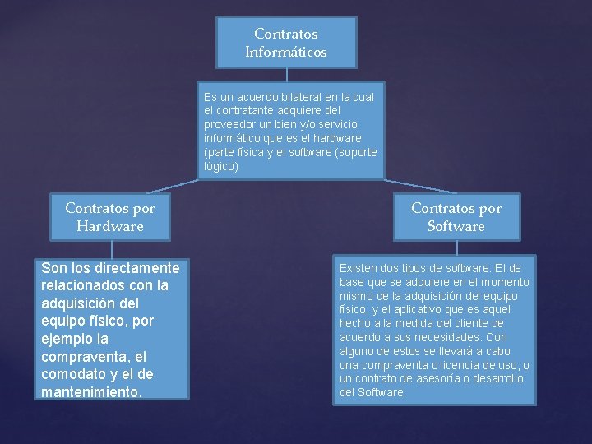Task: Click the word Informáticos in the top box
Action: click(x=286, y=52)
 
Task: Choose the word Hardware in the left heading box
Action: click(x=110, y=226)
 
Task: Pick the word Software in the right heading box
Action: click(x=456, y=226)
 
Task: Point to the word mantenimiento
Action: click(x=90, y=392)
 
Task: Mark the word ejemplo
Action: click(x=69, y=339)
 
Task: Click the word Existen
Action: click(x=359, y=268)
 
